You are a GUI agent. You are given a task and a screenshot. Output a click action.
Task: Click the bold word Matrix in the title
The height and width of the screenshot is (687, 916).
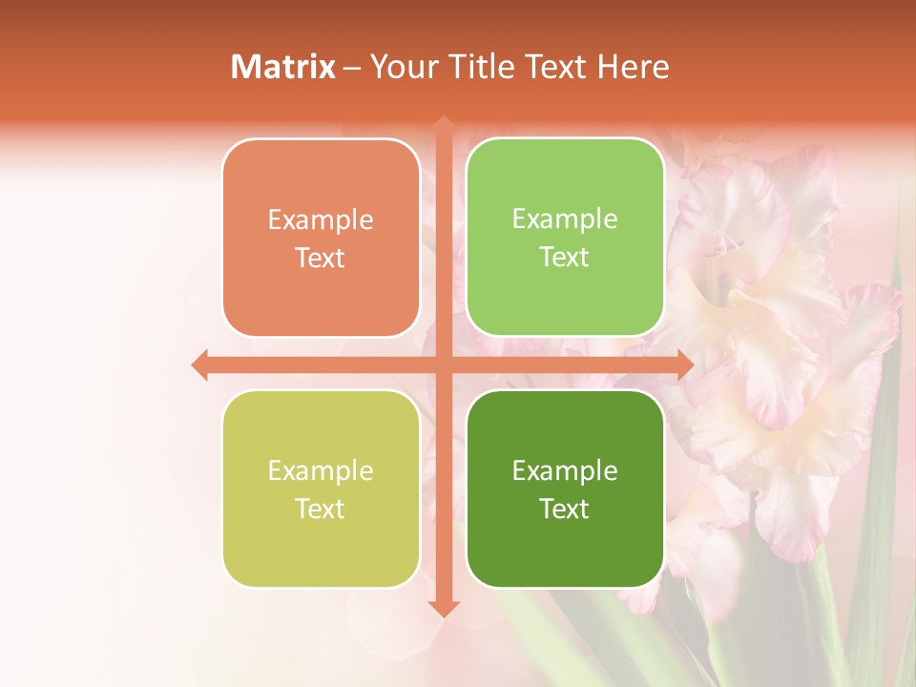[x=283, y=67]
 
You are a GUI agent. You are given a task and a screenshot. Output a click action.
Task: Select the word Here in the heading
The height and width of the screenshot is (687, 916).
[x=634, y=67]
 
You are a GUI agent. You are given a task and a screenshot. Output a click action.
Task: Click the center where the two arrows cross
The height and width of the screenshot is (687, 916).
[x=444, y=364]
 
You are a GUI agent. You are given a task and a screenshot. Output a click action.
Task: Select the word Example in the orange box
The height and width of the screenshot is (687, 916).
[x=321, y=220]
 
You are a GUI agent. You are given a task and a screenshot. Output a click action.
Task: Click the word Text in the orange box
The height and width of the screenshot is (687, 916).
[x=321, y=259]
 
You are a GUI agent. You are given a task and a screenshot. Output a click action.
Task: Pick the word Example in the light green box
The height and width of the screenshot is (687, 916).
[x=565, y=219]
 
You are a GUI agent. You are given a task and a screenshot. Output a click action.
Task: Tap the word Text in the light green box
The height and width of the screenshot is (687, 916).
[x=565, y=258]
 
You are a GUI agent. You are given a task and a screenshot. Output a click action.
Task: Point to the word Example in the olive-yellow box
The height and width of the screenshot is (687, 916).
[x=321, y=471]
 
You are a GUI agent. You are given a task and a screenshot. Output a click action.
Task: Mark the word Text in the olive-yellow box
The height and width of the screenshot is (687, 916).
[x=321, y=510]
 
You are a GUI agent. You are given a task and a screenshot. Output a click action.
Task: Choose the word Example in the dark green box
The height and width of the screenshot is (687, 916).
[x=565, y=471]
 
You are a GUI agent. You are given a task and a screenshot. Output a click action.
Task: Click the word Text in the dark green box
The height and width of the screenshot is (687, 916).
[x=565, y=510]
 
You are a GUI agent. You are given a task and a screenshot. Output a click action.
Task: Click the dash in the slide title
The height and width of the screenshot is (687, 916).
[x=352, y=68]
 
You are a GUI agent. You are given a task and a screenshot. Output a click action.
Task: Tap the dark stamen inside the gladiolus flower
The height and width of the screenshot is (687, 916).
[x=727, y=246]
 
